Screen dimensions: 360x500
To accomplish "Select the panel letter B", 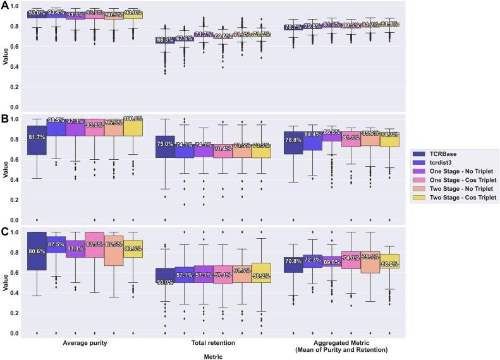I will tap(6, 118).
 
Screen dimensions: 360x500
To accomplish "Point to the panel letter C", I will tap(6, 231).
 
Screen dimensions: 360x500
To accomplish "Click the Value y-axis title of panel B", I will tap(5, 169).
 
